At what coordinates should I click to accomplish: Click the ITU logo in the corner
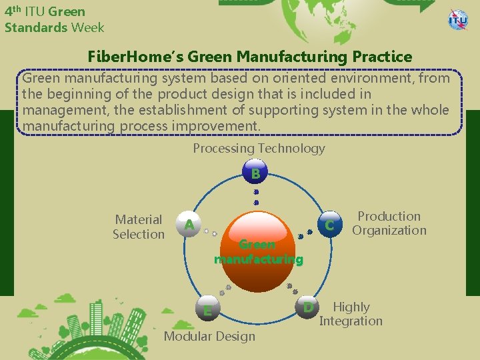click(x=458, y=19)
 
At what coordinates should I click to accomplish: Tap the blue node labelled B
click(x=255, y=174)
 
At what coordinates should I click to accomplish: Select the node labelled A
click(x=189, y=225)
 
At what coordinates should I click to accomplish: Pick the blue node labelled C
click(x=329, y=226)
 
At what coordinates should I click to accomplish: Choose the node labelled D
click(x=307, y=308)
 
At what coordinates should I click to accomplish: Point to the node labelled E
click(x=208, y=311)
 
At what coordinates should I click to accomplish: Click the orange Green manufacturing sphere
click(x=257, y=252)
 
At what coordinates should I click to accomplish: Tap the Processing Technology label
click(x=259, y=148)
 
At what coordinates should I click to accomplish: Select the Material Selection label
click(x=139, y=227)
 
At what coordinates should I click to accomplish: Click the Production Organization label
click(x=389, y=223)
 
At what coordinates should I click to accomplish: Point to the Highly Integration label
click(x=351, y=314)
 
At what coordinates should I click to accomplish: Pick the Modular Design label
click(x=209, y=336)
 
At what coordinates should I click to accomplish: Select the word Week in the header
click(x=88, y=27)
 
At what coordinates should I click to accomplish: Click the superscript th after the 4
click(x=17, y=9)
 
